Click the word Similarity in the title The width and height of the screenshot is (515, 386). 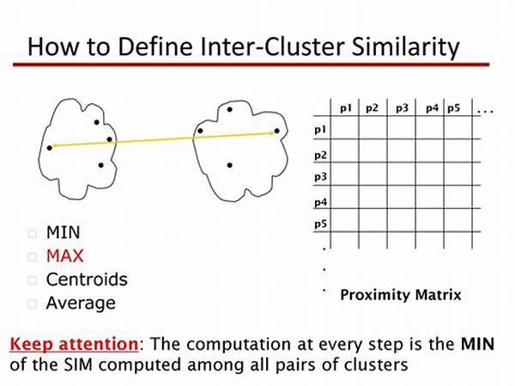point(405,47)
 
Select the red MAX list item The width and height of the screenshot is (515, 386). point(65,256)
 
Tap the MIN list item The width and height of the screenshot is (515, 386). point(63,232)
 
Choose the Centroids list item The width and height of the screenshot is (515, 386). point(87,279)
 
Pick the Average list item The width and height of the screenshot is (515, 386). point(81,303)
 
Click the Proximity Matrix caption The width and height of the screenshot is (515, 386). point(401,295)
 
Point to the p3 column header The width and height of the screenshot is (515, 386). point(402,108)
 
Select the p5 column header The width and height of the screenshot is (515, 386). point(453,108)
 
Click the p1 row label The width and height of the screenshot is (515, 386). point(320,130)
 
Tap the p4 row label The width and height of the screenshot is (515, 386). point(320,202)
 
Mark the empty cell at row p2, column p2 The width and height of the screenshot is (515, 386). point(373,150)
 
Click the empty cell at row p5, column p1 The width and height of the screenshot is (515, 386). point(344,220)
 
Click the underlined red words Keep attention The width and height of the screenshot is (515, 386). point(74,345)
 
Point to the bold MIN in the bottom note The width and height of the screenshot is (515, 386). point(478,344)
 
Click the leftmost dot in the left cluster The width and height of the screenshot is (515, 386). point(50,148)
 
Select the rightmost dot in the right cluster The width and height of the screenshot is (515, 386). point(277,131)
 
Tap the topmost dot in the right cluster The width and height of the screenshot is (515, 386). point(230,109)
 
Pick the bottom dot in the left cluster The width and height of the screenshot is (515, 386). point(100,165)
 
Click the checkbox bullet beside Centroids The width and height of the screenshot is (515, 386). point(33,281)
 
